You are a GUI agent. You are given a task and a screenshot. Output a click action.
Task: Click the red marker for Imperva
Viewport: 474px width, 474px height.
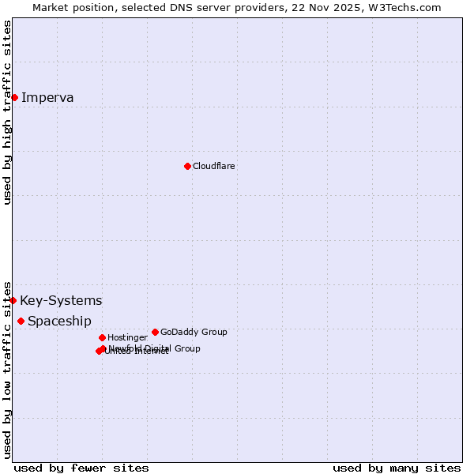click(x=14, y=97)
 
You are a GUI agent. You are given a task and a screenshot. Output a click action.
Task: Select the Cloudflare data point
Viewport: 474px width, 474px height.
click(x=187, y=166)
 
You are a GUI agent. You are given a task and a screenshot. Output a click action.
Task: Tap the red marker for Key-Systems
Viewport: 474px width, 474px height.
click(x=13, y=300)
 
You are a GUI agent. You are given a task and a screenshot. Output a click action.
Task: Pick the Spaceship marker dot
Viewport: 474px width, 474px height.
click(x=21, y=321)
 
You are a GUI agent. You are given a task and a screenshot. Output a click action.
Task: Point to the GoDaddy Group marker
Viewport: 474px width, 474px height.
click(x=155, y=332)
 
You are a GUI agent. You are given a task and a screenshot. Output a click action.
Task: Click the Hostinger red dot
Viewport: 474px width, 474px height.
click(x=102, y=337)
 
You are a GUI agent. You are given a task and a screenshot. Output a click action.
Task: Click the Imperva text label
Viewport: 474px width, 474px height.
click(x=47, y=98)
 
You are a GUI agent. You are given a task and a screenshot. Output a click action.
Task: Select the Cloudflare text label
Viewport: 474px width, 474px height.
click(x=213, y=166)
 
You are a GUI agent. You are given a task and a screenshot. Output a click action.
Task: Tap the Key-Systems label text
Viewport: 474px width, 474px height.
click(x=61, y=301)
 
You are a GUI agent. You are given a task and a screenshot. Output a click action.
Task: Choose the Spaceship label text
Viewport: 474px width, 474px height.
click(x=59, y=322)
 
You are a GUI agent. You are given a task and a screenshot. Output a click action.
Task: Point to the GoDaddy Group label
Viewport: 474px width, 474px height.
click(x=194, y=332)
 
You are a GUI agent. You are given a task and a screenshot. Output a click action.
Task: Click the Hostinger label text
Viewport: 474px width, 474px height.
click(x=127, y=337)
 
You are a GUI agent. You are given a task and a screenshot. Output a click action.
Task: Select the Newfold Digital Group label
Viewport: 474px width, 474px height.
click(x=155, y=348)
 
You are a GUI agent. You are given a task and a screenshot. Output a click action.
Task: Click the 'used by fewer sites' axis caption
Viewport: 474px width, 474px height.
click(x=81, y=468)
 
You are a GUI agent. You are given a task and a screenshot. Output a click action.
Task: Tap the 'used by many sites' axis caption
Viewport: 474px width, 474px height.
click(x=397, y=468)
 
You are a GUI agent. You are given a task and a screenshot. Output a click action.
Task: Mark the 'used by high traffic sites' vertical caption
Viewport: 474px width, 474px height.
click(x=8, y=112)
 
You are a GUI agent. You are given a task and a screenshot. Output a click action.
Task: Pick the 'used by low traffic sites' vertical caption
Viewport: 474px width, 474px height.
click(x=8, y=369)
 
